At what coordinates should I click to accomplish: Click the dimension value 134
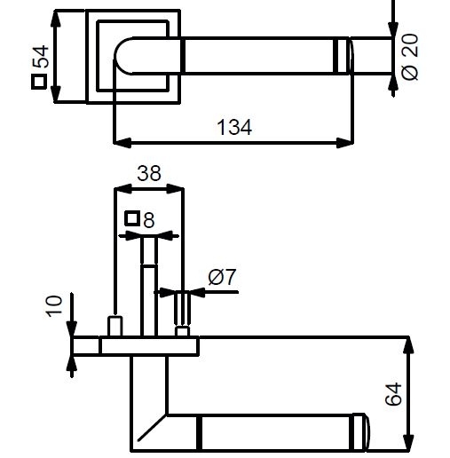tap(234, 127)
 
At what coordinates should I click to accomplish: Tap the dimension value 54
tap(41, 57)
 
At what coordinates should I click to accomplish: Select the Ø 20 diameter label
tap(410, 57)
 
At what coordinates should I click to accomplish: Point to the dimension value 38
tap(149, 173)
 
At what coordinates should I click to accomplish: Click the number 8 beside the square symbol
tap(149, 220)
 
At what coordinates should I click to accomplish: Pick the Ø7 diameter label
tap(222, 277)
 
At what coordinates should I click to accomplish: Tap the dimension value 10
tap(54, 306)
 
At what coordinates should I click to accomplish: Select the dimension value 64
tap(393, 394)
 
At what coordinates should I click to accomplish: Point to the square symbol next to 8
tap(132, 218)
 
